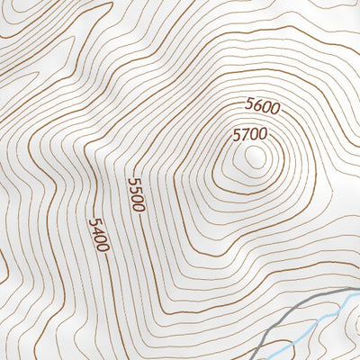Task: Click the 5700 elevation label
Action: pos(250,135)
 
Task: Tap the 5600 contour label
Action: pos(263,107)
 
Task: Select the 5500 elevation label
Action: pos(136,194)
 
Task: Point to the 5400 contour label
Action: pos(99,235)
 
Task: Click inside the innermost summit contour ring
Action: pos(255,157)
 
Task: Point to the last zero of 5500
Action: pos(138,206)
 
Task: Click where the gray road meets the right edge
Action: pos(358,291)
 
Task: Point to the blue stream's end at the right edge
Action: pos(358,298)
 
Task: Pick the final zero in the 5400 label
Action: pos(103,247)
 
